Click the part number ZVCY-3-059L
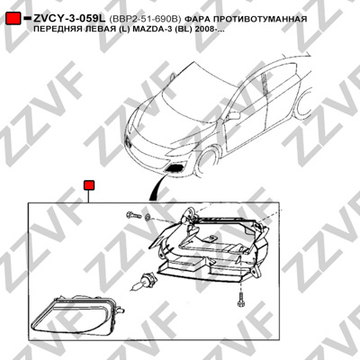(x=69, y=19)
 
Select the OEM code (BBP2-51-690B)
(x=146, y=19)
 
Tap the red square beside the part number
(x=13, y=19)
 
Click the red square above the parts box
(x=89, y=185)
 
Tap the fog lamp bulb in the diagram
(x=141, y=281)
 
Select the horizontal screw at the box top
(x=133, y=215)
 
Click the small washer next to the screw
(x=148, y=217)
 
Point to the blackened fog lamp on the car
(x=175, y=168)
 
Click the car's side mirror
(x=234, y=115)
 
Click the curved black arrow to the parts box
(x=156, y=187)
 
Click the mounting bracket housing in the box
(x=210, y=245)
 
